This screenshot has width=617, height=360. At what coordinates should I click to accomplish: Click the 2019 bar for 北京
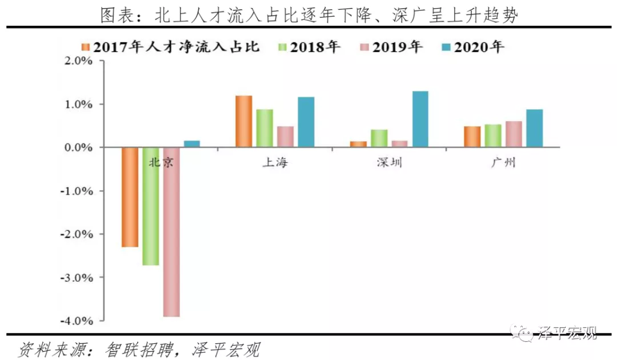point(171,231)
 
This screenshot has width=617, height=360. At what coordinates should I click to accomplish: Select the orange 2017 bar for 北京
point(130,197)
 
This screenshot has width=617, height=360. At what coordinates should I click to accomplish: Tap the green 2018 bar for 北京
point(151,206)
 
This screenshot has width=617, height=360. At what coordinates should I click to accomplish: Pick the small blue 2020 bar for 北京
point(192,144)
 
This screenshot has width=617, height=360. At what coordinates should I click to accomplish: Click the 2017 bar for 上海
point(244,121)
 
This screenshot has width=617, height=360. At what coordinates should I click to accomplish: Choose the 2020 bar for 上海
point(306,122)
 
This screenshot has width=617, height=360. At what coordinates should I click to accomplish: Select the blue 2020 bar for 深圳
point(420,119)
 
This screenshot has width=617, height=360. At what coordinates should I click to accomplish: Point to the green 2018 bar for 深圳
point(379,138)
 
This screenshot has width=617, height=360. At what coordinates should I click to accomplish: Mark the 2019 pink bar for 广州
point(514,134)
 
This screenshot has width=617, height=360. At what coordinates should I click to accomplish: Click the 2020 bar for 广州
point(534,128)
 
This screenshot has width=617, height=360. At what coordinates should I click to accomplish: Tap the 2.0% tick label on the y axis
point(77,61)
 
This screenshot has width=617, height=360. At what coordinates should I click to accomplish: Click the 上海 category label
point(275,163)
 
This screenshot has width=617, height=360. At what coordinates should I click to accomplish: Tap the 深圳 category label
point(389,163)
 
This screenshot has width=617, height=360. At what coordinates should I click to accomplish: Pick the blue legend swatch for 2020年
point(446,47)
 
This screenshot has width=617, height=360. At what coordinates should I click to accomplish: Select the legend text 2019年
point(398,47)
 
